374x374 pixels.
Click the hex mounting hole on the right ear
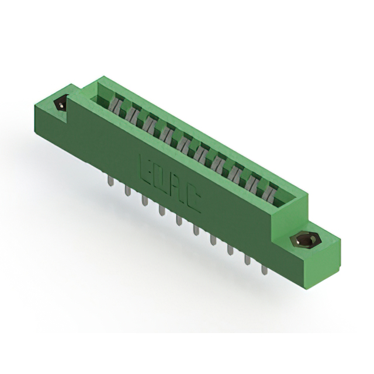(x=304, y=240)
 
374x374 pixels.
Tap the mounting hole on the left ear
(x=60, y=105)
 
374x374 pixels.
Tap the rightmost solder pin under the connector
(x=264, y=269)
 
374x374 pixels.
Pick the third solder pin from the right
(x=230, y=249)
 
